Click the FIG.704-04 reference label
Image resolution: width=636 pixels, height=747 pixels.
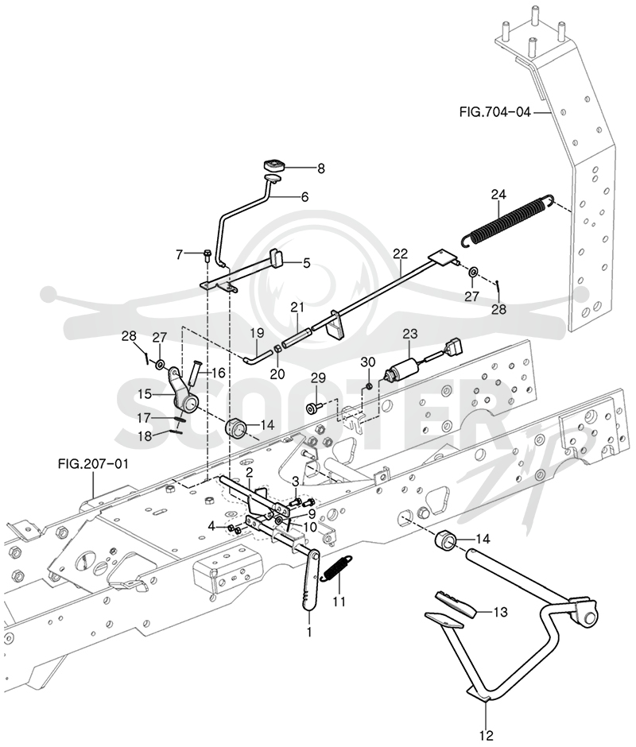[494, 112]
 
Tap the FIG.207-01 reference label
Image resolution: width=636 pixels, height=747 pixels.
[93, 463]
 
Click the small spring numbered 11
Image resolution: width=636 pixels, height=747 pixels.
[337, 568]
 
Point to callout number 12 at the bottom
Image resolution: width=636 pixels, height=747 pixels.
[487, 735]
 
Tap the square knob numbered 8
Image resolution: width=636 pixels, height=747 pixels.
[273, 166]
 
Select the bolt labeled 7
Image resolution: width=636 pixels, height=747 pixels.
[207, 255]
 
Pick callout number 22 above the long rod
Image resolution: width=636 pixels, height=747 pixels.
[401, 254]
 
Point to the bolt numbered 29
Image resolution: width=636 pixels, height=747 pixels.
[315, 408]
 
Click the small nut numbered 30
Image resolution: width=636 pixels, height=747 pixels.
[368, 385]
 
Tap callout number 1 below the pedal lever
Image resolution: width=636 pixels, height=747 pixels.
[309, 633]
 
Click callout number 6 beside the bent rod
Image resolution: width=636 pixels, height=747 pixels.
[304, 196]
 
